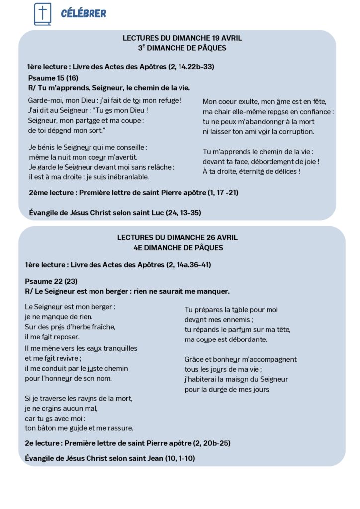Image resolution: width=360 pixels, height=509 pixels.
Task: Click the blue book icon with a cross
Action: click(x=42, y=13)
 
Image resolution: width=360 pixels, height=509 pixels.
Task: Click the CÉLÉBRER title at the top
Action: click(x=84, y=13)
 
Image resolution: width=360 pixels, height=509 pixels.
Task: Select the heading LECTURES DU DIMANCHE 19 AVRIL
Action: click(x=182, y=38)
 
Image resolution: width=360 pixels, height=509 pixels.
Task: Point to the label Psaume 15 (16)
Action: click(x=53, y=78)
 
